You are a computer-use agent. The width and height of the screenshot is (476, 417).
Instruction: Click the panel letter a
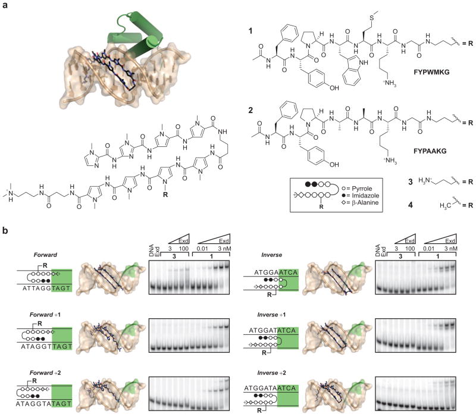pyautogui.click(x=5, y=5)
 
